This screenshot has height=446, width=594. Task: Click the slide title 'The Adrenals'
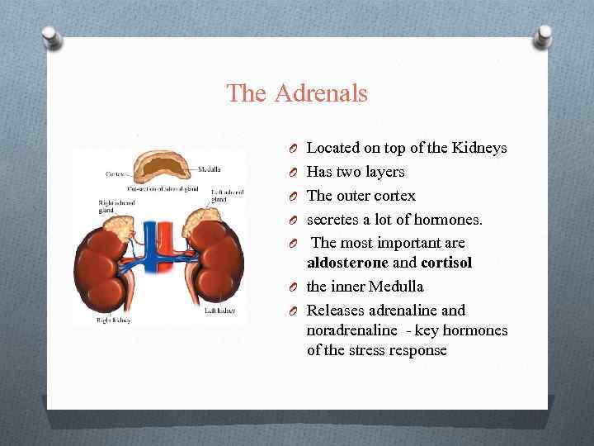pyautogui.click(x=297, y=93)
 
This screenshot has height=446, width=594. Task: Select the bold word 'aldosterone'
pyautogui.click(x=345, y=263)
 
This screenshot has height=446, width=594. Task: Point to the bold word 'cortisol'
pyautogui.click(x=447, y=263)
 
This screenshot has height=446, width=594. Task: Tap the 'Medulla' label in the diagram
pyautogui.click(x=209, y=170)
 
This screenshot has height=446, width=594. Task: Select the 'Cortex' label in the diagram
pyautogui.click(x=115, y=174)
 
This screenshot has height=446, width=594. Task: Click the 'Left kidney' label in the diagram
pyautogui.click(x=219, y=311)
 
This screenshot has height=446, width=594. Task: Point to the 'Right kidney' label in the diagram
pyautogui.click(x=113, y=319)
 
